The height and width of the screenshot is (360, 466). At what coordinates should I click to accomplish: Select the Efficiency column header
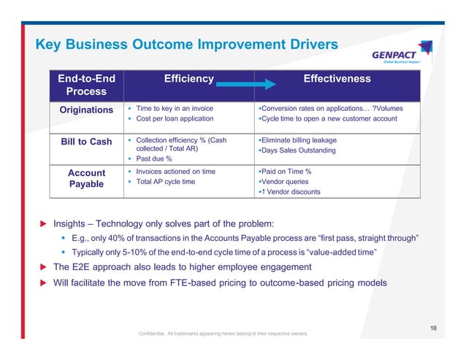point(188,79)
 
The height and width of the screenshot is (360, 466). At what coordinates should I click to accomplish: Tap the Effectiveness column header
point(336,79)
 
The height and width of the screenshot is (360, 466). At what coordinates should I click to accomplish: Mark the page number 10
point(433,328)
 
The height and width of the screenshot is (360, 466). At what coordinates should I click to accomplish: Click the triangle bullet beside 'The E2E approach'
point(43,267)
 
